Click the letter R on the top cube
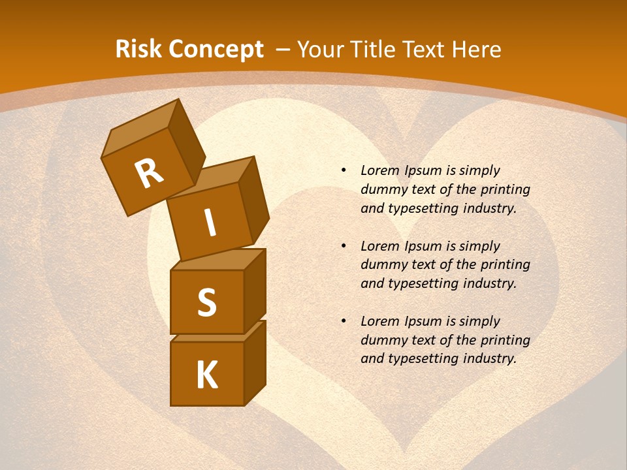149,174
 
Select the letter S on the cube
206,303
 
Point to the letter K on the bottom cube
206,375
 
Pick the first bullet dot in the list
344,170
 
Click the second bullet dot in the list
344,246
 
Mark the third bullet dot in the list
344,321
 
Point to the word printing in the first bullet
506,189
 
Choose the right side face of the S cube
255,290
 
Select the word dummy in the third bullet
381,340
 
